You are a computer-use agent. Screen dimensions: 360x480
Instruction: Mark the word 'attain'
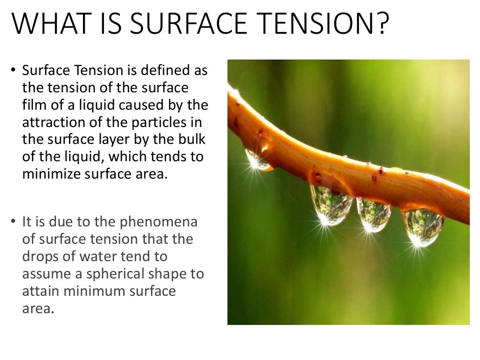coord(39,291)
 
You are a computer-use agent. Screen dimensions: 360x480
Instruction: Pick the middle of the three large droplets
coord(373,214)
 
